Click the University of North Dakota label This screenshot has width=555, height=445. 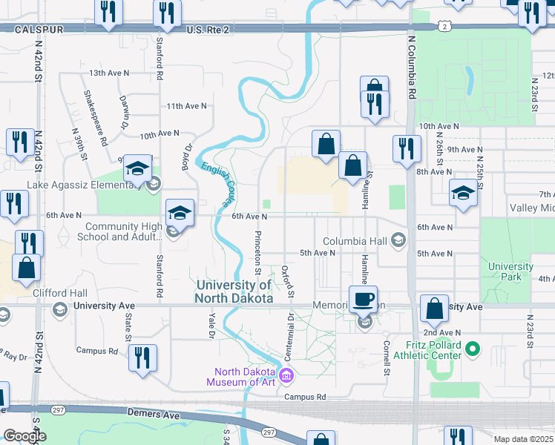(x=232, y=291)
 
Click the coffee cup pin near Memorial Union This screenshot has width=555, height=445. (x=363, y=300)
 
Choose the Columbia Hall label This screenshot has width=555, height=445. (x=355, y=241)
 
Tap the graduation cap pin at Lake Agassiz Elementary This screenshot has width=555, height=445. (x=137, y=170)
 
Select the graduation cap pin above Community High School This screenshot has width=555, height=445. (x=179, y=214)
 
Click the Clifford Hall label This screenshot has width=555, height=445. (x=60, y=293)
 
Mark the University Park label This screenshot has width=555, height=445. (x=510, y=271)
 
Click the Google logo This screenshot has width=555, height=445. (x=24, y=436)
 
